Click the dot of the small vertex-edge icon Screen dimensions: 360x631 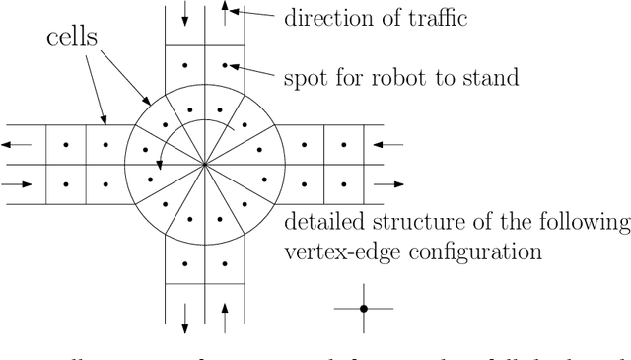(363, 309)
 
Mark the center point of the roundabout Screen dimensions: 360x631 (204, 164)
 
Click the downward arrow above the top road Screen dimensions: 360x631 (185, 15)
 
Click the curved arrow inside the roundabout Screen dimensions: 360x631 (187, 128)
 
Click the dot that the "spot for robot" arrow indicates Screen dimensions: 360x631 (224, 66)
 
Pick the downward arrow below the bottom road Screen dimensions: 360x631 (185, 317)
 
